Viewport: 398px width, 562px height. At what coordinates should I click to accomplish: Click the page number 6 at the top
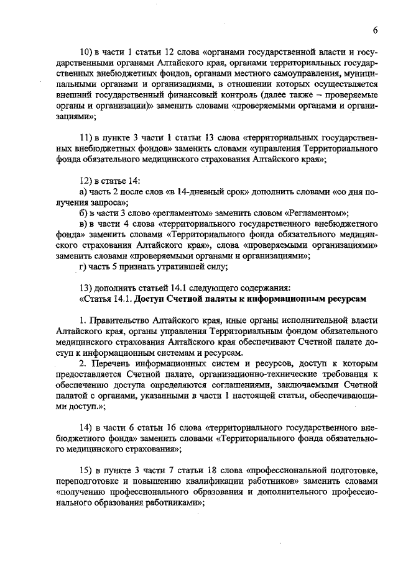[376, 30]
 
